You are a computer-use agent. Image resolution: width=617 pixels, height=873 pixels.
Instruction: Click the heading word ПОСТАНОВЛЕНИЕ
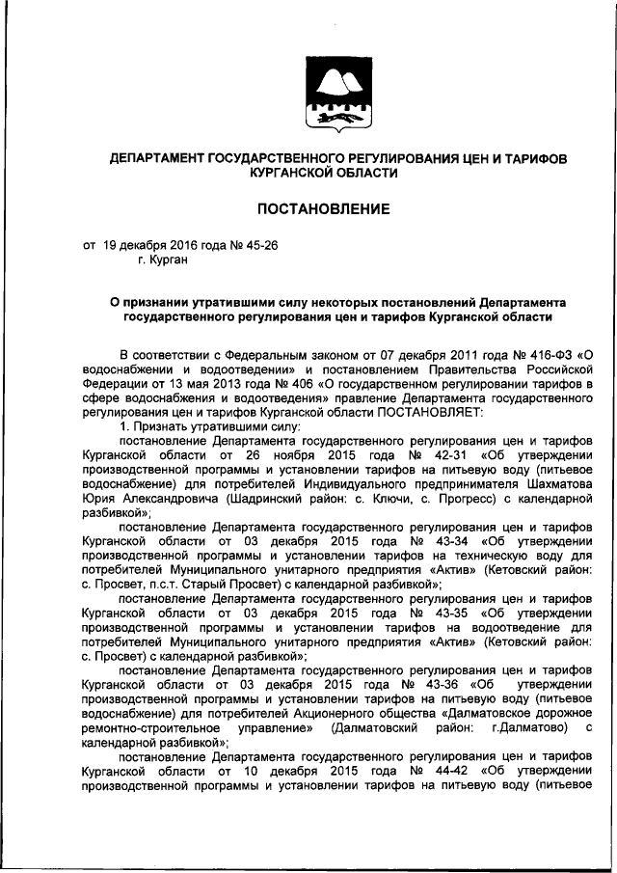[x=322, y=208]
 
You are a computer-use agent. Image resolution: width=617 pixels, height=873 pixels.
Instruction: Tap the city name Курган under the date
[x=169, y=259]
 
